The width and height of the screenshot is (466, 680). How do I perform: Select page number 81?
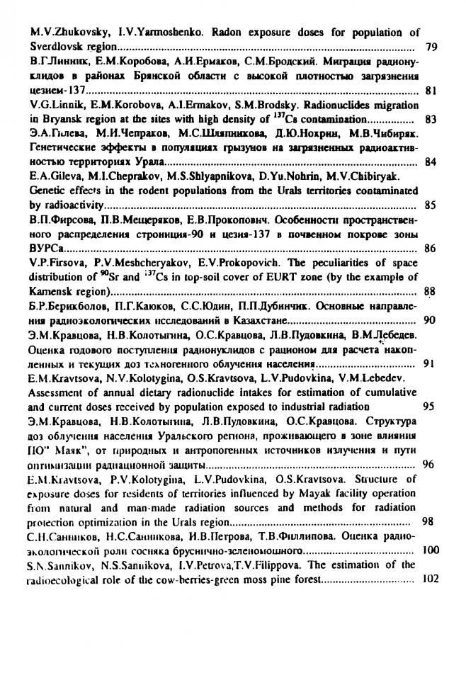pyautogui.click(x=432, y=91)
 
